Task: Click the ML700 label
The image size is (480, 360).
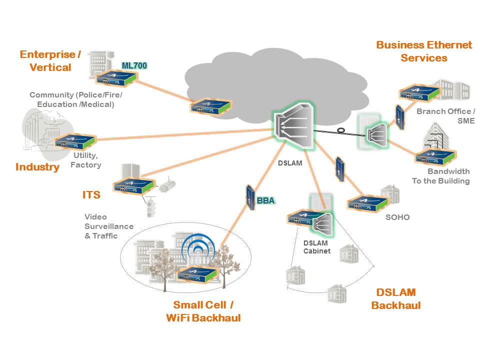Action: [x=134, y=65]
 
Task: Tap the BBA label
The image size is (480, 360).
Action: [x=265, y=201]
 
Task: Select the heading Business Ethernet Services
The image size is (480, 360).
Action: [x=424, y=51]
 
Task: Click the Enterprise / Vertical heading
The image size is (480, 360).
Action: [x=50, y=60]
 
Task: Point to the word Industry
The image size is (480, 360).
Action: [x=37, y=167]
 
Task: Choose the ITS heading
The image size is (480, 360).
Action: [x=91, y=195]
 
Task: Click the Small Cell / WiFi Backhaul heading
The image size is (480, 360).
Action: [x=203, y=311]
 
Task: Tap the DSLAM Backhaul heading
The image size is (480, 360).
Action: [x=396, y=299]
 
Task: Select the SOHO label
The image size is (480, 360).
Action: [x=397, y=217]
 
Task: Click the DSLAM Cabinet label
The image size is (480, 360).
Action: [x=317, y=247]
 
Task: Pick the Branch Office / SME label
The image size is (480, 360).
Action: [x=445, y=116]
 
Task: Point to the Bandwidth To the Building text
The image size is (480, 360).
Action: [x=440, y=176]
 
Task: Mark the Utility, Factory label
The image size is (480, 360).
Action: [x=85, y=160]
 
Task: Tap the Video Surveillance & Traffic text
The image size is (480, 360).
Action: [x=109, y=226]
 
